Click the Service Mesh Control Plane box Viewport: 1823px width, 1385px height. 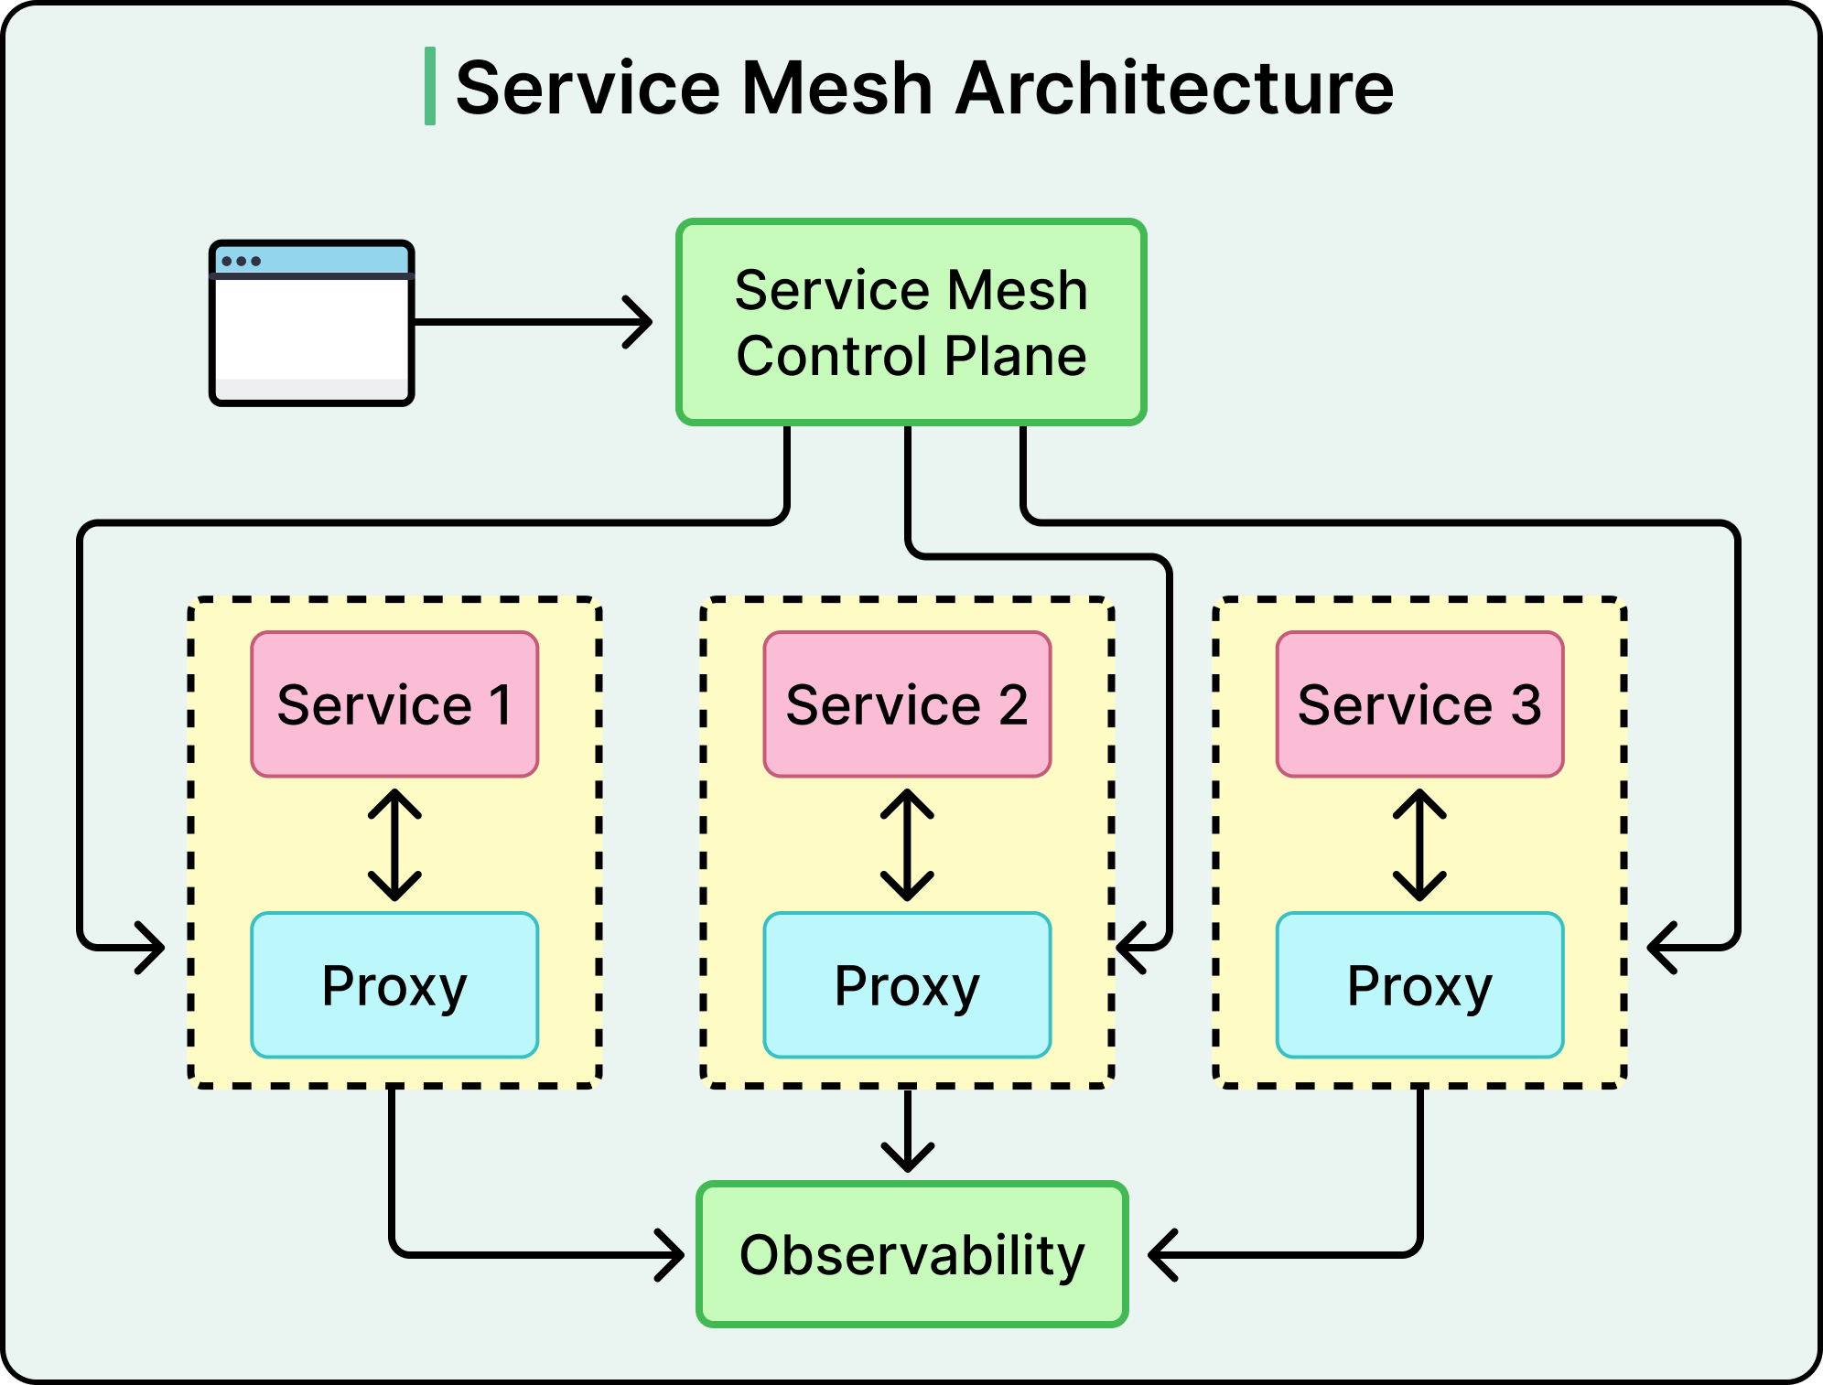(911, 322)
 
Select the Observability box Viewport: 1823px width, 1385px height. (911, 1254)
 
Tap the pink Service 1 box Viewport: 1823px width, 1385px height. (394, 704)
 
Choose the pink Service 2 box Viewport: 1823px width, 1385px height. (907, 704)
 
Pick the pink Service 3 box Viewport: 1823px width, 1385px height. (1419, 704)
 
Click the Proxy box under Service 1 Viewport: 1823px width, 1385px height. (394, 985)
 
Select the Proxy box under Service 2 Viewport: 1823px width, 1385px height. (907, 985)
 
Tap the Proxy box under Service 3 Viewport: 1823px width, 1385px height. (1419, 985)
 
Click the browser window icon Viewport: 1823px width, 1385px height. (312, 323)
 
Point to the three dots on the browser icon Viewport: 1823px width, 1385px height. (241, 262)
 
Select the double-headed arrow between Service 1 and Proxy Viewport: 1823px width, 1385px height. (394, 845)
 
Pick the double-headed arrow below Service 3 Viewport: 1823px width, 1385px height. (1419, 845)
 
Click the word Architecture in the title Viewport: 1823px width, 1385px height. (1174, 89)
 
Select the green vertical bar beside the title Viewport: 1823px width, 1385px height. (430, 86)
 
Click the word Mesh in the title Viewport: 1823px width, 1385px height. (836, 89)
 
